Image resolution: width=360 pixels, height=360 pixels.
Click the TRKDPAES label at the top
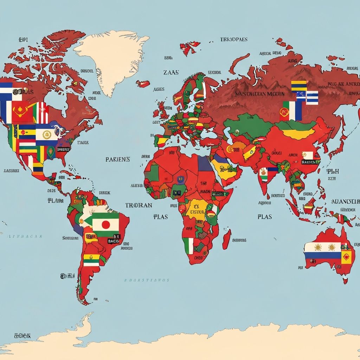234,39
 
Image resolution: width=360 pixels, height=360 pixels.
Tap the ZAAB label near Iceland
171,72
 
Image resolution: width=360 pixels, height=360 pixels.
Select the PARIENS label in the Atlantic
118,159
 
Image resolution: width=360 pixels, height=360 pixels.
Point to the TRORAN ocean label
139,205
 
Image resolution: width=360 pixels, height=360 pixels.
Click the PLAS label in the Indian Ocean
264,217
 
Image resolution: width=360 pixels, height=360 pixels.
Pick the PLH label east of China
332,172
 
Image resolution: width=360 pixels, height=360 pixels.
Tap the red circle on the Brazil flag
105,225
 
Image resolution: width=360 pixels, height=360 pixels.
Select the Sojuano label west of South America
70,238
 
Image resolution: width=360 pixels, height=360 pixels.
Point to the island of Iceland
143,84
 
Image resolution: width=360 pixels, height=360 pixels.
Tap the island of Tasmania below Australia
345,281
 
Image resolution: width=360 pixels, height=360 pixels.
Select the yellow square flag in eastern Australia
346,257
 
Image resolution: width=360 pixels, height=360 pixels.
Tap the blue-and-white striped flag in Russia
311,98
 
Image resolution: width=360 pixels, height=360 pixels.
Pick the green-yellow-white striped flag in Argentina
91,260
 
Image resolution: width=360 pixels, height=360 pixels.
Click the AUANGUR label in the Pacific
345,201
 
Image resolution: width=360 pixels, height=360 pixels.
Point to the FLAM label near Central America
55,201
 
